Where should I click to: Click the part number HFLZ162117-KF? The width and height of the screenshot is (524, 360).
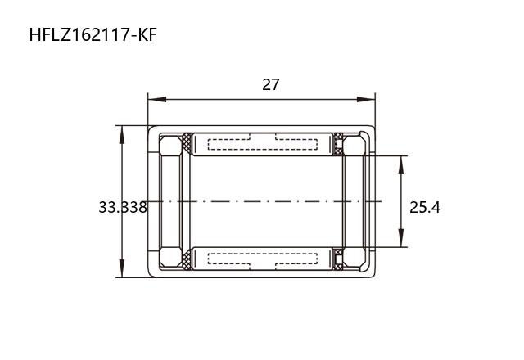(93, 35)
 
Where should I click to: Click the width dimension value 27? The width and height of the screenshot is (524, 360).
(270, 84)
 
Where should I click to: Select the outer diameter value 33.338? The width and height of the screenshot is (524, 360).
(123, 207)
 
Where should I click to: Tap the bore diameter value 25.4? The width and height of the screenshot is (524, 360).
(425, 207)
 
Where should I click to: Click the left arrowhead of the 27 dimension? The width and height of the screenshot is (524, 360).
(157, 100)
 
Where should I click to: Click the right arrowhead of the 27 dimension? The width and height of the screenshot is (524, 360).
(366, 100)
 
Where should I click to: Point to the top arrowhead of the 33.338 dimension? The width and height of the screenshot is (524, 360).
(122, 134)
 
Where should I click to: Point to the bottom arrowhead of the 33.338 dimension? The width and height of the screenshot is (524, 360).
(122, 268)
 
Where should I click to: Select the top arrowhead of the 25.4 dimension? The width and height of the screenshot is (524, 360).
(401, 165)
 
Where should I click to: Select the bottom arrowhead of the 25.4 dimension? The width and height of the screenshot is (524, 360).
(401, 238)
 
